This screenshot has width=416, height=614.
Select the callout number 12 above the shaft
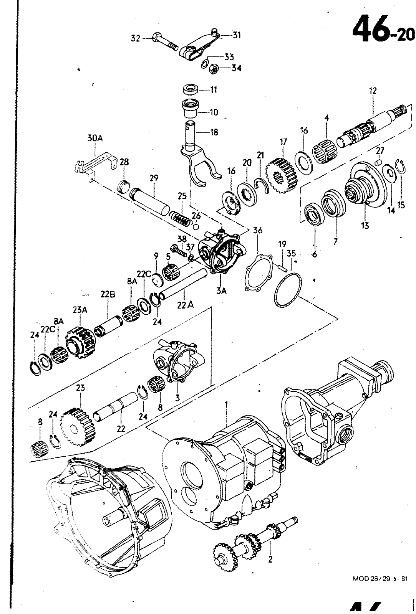(x=373, y=91)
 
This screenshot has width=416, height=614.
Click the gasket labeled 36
(x=259, y=271)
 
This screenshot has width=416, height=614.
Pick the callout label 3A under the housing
(x=221, y=291)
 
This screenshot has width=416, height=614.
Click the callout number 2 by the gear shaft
(x=270, y=559)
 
